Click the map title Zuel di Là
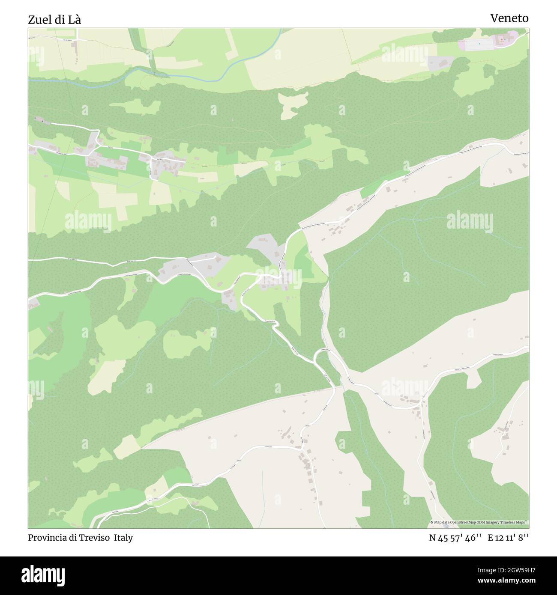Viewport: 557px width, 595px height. pos(54,19)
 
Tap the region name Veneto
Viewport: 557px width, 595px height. pos(509,18)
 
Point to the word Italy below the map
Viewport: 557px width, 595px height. pos(123,538)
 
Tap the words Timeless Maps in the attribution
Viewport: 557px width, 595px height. pos(515,522)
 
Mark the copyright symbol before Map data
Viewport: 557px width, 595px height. pos(431,522)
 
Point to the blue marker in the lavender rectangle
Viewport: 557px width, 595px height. pos(479,43)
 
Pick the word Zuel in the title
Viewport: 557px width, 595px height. pos(37,19)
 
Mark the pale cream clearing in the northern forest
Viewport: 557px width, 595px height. pos(293,104)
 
